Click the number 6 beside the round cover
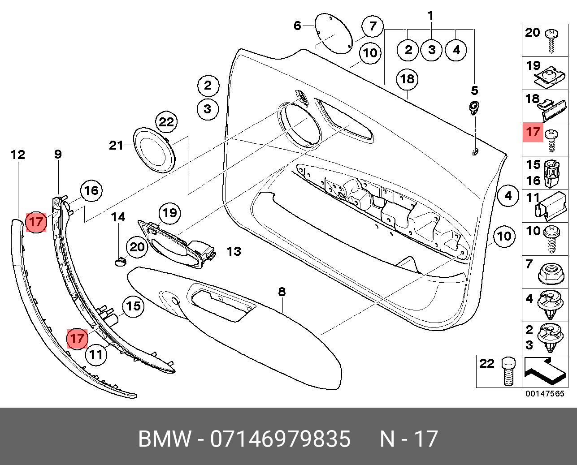pos(297,26)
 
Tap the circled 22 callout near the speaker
pos(166,122)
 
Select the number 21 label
pos(116,145)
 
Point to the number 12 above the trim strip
pos(18,155)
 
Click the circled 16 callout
pos(91,190)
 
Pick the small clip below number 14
pos(120,260)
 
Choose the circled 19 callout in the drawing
pos(169,213)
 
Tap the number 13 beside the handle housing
pos(234,251)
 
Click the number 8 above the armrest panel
pos(282,292)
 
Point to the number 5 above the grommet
pos(474,91)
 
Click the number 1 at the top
pos(430,16)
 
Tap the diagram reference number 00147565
pos(545,394)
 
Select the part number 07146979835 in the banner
pos(280,439)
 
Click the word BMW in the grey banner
pos(165,439)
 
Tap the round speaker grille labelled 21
pos(154,150)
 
